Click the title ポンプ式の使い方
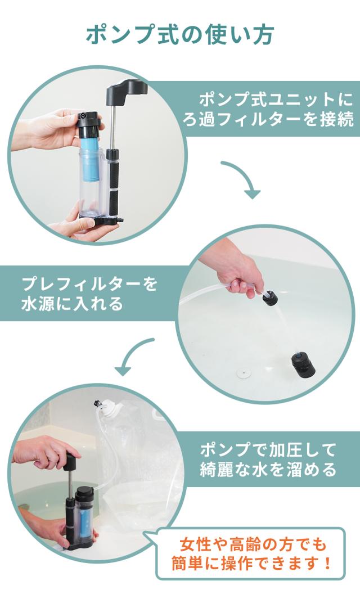click(x=179, y=35)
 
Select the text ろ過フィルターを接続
click(x=268, y=120)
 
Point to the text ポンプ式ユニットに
click(x=276, y=100)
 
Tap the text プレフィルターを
click(x=89, y=285)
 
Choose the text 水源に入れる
click(x=72, y=304)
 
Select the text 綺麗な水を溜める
click(x=268, y=470)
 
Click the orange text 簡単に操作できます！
click(x=251, y=564)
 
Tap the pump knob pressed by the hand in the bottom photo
click(x=71, y=461)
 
